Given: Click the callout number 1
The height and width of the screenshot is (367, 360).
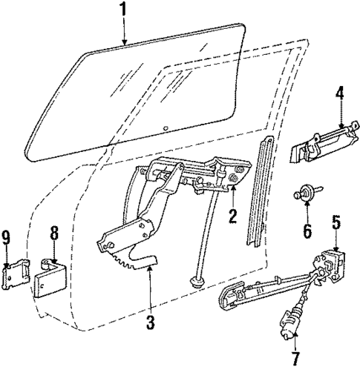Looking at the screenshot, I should coord(125,11).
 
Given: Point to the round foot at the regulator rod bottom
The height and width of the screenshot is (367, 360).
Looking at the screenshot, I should coord(197,282).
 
